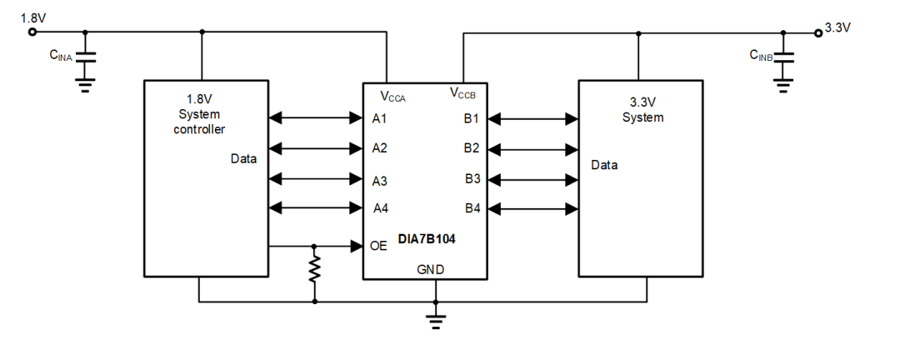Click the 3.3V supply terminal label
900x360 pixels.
[837, 27]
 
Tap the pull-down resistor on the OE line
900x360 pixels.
[314, 269]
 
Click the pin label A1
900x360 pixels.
[380, 118]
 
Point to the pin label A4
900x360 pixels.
[380, 207]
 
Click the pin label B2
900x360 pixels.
[472, 148]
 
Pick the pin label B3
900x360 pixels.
[472, 179]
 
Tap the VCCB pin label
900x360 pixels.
[463, 92]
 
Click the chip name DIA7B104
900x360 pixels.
[426, 238]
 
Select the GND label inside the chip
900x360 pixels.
[430, 269]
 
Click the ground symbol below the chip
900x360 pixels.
[435, 320]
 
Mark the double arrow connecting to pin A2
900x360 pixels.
[315, 148]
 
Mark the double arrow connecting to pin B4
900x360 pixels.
[533, 207]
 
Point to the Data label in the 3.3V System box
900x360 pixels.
[604, 165]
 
